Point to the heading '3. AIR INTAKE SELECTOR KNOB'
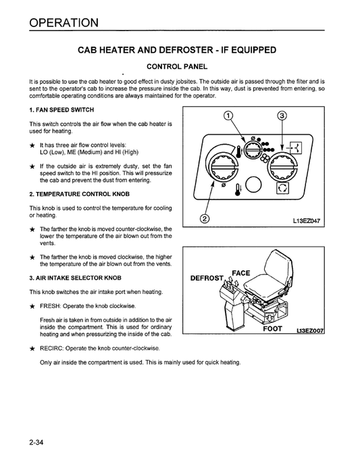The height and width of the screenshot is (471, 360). coord(75,278)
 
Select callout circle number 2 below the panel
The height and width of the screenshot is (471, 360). coord(205,219)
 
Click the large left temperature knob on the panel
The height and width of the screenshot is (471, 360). coord(222,163)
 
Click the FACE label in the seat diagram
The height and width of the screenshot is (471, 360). coord(241,273)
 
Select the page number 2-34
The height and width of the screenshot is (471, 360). coord(37,444)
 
